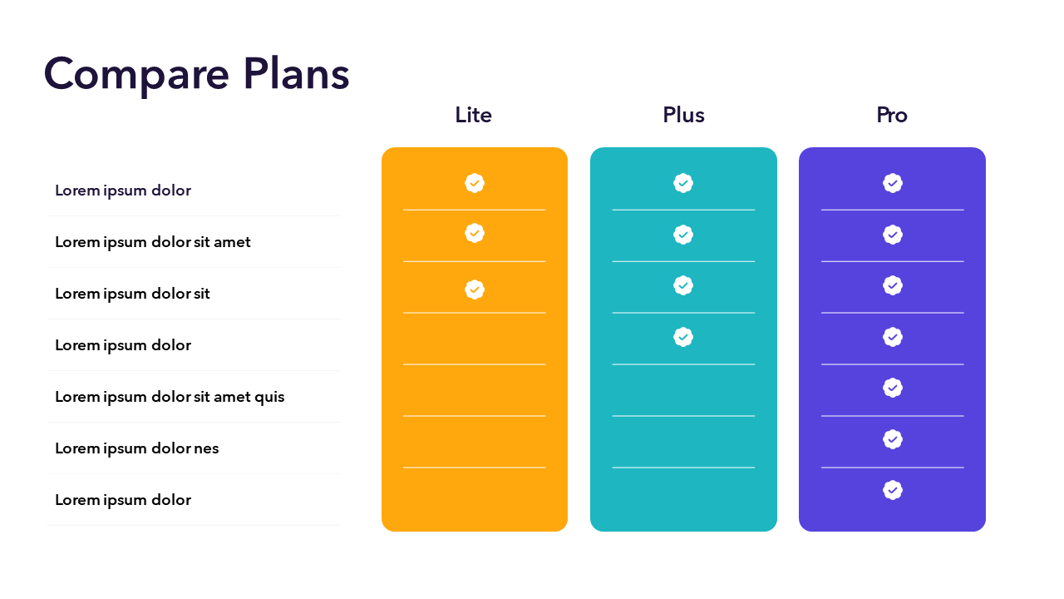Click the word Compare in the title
click(x=136, y=75)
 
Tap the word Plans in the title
click(x=297, y=73)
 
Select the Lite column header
click(x=473, y=115)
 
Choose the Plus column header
click(x=683, y=115)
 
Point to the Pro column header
click(x=892, y=115)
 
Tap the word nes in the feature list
click(x=207, y=448)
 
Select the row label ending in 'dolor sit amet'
click(x=153, y=242)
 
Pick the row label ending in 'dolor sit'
click(x=132, y=294)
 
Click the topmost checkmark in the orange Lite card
click(x=475, y=183)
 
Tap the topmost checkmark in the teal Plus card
click(x=683, y=183)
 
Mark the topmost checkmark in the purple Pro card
click(x=893, y=183)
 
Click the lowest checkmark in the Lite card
click(x=475, y=290)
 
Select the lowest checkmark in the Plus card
click(x=683, y=337)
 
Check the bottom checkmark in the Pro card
click(x=893, y=490)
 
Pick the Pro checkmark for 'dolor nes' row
click(x=893, y=439)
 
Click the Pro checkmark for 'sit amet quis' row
click(x=893, y=388)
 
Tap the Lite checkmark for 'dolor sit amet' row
click(x=475, y=234)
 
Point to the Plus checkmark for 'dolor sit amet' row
click(x=683, y=235)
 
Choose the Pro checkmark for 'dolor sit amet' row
click(x=893, y=235)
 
